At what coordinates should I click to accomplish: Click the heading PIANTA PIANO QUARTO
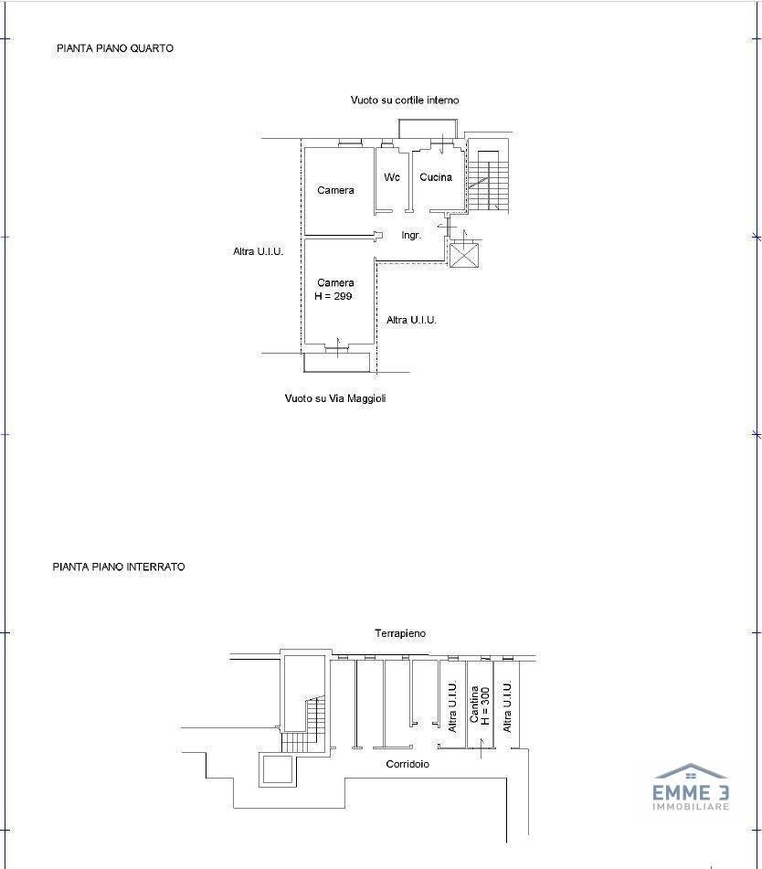point(115,48)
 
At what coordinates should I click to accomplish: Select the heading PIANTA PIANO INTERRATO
point(119,567)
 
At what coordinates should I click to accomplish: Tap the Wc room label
point(392,177)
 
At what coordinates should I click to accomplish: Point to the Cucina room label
point(436,177)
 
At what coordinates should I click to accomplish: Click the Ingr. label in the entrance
point(411,236)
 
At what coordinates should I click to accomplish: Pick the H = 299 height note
point(333,296)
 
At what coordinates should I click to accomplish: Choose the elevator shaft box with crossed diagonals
point(463,256)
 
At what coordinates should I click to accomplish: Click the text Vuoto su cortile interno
point(405,101)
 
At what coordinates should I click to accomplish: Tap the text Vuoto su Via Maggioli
point(335,398)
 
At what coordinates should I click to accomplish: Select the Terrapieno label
point(400,633)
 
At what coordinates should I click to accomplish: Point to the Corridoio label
point(407,764)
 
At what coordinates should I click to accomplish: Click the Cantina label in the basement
point(474,704)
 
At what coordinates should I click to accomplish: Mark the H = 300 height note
point(485,706)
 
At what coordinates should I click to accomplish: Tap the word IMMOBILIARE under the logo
point(691,806)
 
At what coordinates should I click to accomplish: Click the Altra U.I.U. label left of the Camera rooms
point(259,251)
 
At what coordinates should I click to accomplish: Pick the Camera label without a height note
point(335,190)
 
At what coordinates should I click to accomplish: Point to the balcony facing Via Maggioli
point(337,362)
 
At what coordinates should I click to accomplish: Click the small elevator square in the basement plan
point(275,769)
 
